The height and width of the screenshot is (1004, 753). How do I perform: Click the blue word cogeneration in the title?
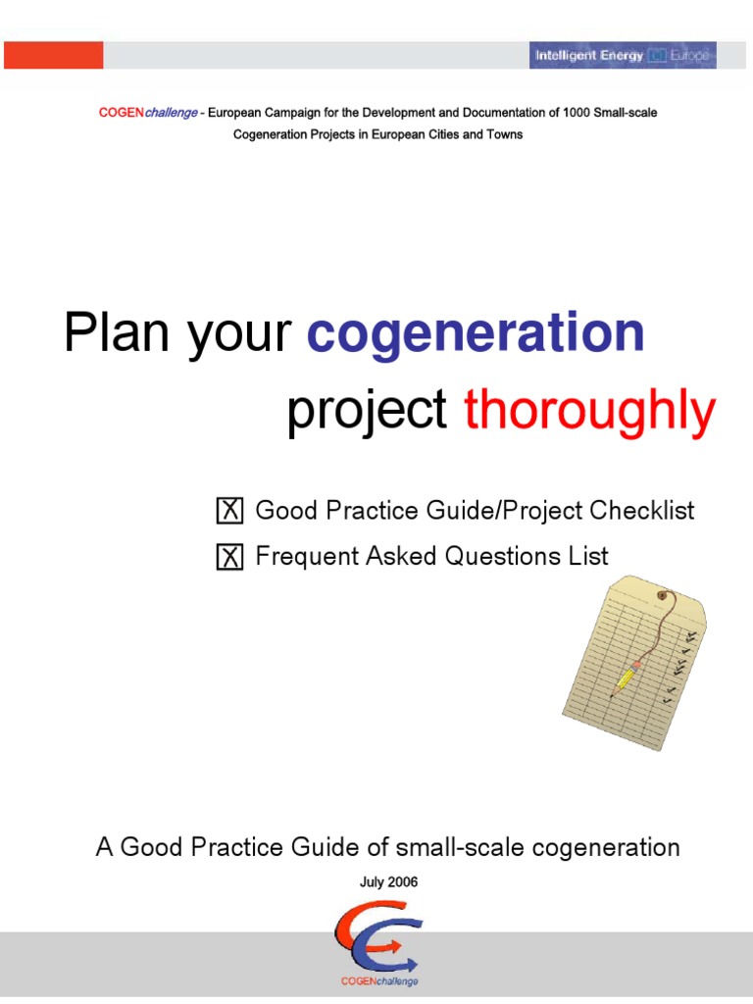coord(476,334)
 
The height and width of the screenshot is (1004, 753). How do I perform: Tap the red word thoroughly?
coord(589,411)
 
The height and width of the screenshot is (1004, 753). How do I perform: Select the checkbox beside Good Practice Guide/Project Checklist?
coord(229,512)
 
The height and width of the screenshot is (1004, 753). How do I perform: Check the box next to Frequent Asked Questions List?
coord(229,558)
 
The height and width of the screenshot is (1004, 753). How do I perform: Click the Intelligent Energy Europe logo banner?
coord(623,56)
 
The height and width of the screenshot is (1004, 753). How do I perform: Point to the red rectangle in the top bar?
coord(53,56)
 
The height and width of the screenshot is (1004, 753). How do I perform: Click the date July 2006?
coord(389,881)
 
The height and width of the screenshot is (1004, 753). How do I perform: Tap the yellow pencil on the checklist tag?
coord(625,678)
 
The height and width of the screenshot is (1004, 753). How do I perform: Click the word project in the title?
coord(367,411)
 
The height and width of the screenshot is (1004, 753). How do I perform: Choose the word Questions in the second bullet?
coord(500,557)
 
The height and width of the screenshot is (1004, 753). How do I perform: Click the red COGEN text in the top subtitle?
coord(121,113)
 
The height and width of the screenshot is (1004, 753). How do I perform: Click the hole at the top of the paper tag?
coord(664,596)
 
